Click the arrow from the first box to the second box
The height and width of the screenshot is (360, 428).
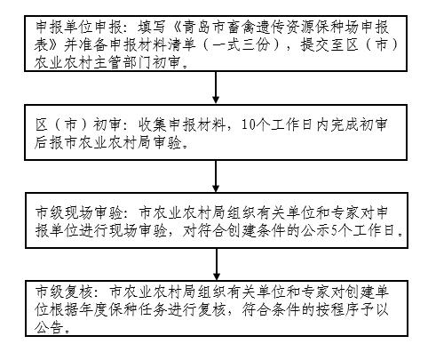216,87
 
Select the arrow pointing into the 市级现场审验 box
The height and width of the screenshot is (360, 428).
216,176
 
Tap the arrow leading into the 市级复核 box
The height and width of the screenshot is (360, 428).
217,264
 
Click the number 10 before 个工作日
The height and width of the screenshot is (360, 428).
248,125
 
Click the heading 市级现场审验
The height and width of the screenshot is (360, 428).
78,213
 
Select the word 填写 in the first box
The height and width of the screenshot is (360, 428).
152,28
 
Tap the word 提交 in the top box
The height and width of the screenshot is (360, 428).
315,45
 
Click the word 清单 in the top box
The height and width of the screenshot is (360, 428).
182,45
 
